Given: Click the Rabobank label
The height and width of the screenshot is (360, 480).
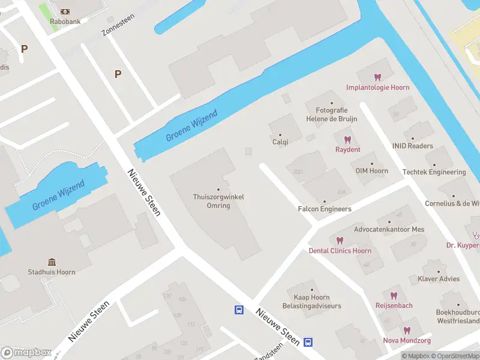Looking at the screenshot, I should pyautogui.click(x=65, y=22).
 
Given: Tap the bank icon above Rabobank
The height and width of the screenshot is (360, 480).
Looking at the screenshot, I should pyautogui.click(x=65, y=12).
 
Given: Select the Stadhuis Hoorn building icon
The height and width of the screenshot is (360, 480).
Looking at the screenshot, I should pyautogui.click(x=52, y=262).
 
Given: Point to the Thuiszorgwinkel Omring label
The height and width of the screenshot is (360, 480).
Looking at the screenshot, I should pyautogui.click(x=218, y=201).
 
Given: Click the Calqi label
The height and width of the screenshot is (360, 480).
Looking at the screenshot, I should pyautogui.click(x=280, y=142).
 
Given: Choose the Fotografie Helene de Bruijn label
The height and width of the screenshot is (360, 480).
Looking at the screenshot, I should pyautogui.click(x=332, y=115).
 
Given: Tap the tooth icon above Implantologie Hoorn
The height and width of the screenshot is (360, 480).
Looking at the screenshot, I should pyautogui.click(x=377, y=77).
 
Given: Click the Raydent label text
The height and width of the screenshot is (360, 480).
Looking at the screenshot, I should pyautogui.click(x=347, y=149).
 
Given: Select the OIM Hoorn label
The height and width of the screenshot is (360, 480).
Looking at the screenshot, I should pyautogui.click(x=371, y=171).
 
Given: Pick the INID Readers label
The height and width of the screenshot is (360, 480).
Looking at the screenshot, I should pyautogui.click(x=412, y=146).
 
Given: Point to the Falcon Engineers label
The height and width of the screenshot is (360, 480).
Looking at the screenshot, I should pyautogui.click(x=325, y=209).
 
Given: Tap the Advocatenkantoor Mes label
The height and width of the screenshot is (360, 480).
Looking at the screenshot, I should pyautogui.click(x=389, y=229).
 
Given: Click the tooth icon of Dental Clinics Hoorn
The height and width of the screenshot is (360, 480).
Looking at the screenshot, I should pyautogui.click(x=340, y=241).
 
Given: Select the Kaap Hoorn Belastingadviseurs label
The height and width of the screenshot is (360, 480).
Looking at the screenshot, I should pyautogui.click(x=311, y=302).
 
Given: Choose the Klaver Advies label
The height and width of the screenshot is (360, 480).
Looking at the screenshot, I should pyautogui.click(x=438, y=279).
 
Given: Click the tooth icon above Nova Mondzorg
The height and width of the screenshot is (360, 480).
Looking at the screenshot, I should pyautogui.click(x=407, y=331).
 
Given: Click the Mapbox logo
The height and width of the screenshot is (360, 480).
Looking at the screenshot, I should pyautogui.click(x=26, y=352).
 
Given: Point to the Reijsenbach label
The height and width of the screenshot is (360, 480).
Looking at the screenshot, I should pyautogui.click(x=394, y=305).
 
